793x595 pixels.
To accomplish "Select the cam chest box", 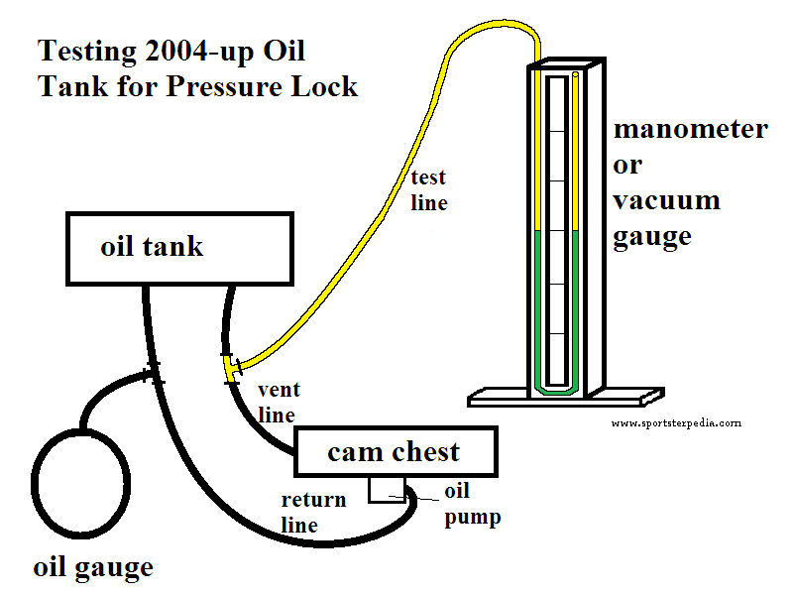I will pyautogui.click(x=395, y=452).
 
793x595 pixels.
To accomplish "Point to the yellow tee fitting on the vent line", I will pyautogui.click(x=231, y=368).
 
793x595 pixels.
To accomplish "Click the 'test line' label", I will pyautogui.click(x=428, y=190).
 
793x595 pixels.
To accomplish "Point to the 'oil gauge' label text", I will pyautogui.click(x=93, y=567).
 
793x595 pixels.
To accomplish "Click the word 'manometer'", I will pyautogui.click(x=690, y=130).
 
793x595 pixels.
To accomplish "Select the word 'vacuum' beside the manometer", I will pyautogui.click(x=666, y=200).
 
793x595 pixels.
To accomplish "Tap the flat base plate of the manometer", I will pyautogui.click(x=565, y=398).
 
